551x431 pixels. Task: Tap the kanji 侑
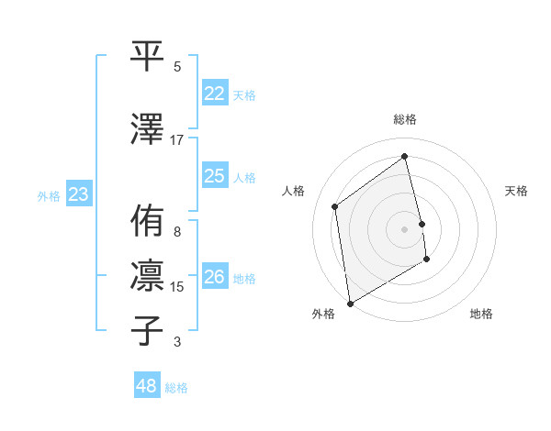[x=148, y=221]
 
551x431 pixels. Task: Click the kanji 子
[x=148, y=330]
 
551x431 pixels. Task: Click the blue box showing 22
[x=214, y=94]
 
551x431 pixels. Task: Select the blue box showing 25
[x=214, y=176]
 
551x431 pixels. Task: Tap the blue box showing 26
[x=214, y=277]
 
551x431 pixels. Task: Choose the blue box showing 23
[x=78, y=194]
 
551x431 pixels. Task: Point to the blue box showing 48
[x=146, y=386]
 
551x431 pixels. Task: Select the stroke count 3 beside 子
[x=176, y=342]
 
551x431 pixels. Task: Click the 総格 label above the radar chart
[x=405, y=119]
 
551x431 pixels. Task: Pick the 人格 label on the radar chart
[x=294, y=191]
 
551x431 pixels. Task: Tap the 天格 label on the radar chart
[x=516, y=191]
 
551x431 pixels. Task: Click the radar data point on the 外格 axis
[x=350, y=303]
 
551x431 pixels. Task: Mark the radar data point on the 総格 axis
[x=405, y=157]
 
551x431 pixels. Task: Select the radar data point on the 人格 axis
[x=335, y=206]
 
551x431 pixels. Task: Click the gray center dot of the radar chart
[x=405, y=228]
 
